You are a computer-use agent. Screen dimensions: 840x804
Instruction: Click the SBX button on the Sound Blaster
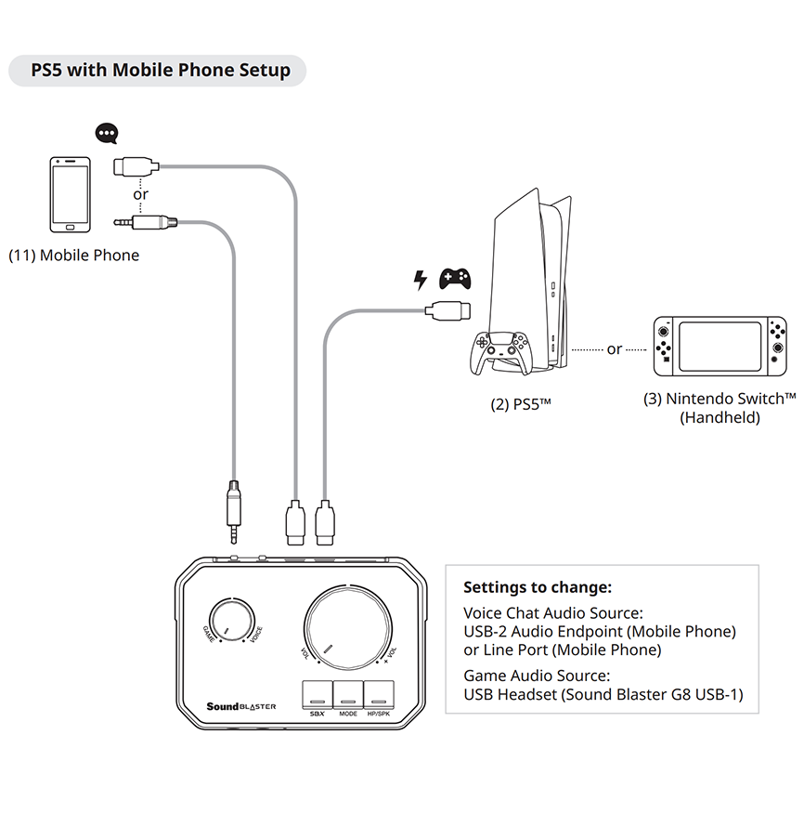[317, 696]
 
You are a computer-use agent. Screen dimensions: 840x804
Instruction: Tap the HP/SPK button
[378, 696]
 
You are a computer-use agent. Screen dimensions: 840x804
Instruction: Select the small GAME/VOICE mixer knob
[233, 619]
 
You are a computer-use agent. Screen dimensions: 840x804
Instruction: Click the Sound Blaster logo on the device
[241, 707]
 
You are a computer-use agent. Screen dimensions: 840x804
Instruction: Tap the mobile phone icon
[71, 195]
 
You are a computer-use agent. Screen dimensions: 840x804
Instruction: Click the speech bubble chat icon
[109, 136]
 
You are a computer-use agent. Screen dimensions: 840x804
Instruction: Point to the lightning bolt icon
[421, 279]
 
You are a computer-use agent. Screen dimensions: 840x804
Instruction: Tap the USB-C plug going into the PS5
[447, 309]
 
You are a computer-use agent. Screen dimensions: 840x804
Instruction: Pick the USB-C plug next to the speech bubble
[136, 166]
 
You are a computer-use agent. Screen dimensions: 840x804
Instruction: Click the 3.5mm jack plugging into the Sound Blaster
[235, 513]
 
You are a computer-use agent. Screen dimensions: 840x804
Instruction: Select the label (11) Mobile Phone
[74, 256]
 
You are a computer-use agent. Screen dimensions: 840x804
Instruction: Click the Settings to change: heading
[538, 587]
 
